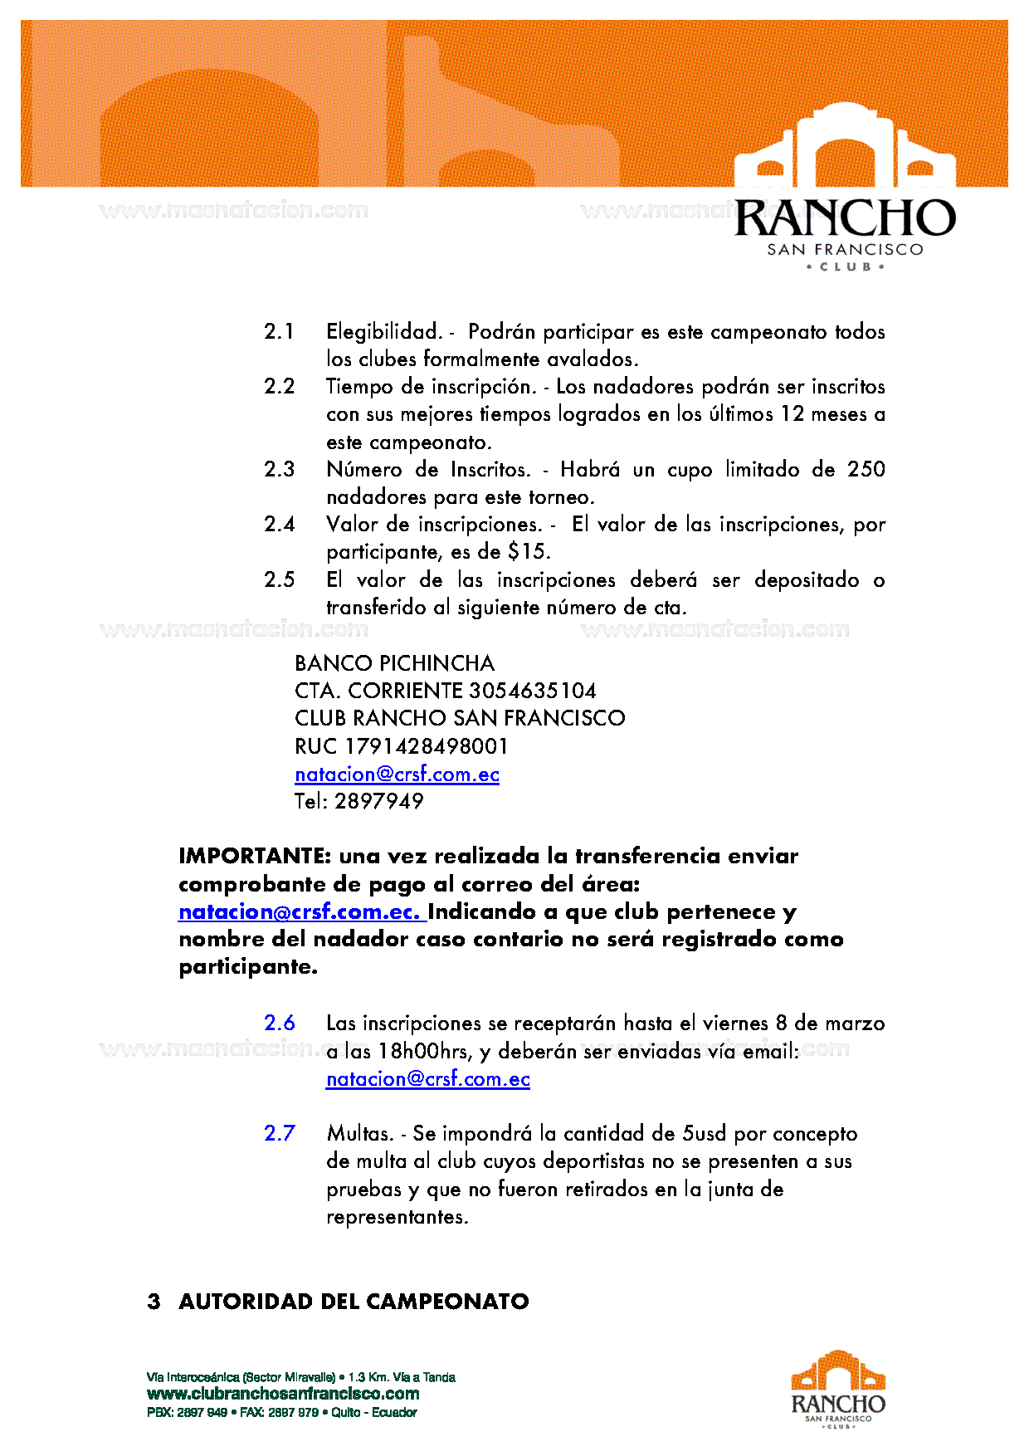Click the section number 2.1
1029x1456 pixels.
coord(279,331)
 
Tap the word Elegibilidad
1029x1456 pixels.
coord(383,331)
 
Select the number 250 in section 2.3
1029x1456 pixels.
coord(866,469)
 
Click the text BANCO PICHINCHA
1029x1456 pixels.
coord(394,663)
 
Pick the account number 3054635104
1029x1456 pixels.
coord(532,691)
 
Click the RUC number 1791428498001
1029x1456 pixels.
coord(426,745)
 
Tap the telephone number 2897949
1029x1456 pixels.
coord(379,801)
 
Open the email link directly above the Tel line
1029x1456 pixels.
coord(397,774)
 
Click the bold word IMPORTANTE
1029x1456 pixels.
coord(255,856)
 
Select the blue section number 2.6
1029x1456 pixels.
coord(280,1023)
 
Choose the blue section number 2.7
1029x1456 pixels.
coord(280,1133)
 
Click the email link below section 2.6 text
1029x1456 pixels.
coord(428,1078)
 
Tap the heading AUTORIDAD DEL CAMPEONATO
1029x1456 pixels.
coord(354,1301)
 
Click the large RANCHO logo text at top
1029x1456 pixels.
coord(845,218)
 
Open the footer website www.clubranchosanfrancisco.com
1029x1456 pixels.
coord(283,1394)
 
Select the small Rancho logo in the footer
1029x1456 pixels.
coord(838,1390)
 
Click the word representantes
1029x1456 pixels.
coord(397,1217)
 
